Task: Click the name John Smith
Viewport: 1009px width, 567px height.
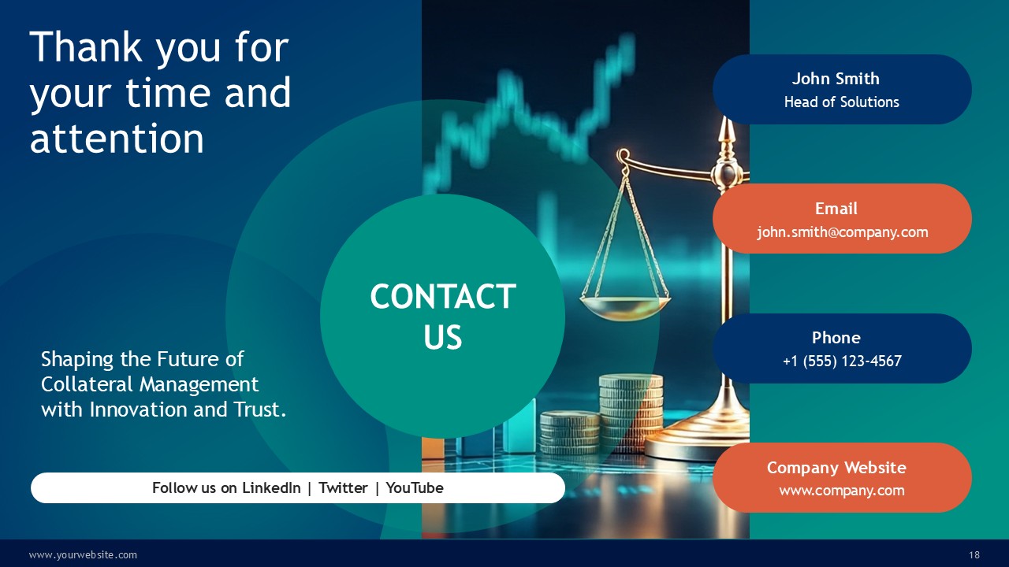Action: click(x=836, y=79)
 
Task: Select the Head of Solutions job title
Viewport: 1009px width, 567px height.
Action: click(x=841, y=102)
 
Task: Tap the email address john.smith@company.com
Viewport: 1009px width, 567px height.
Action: click(x=843, y=232)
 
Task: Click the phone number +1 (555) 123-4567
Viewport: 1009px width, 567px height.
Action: click(x=843, y=361)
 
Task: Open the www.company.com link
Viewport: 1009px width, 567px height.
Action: click(x=842, y=491)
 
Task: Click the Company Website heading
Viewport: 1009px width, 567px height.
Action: click(x=836, y=468)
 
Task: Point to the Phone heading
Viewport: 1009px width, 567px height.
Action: click(x=836, y=338)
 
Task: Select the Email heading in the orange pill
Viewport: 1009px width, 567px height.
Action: click(x=836, y=209)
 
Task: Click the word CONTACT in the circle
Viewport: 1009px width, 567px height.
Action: click(x=443, y=297)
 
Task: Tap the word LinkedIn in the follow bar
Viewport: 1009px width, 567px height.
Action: click(x=271, y=487)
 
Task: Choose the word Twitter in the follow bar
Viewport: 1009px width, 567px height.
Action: click(x=343, y=487)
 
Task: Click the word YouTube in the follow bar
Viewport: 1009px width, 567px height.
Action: click(x=415, y=487)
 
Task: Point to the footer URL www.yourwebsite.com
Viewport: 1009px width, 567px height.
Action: click(x=83, y=555)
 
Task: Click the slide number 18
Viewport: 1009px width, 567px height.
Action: click(x=974, y=555)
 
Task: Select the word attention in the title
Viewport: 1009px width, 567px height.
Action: click(x=117, y=139)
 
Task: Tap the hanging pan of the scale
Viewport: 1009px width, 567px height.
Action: click(x=625, y=307)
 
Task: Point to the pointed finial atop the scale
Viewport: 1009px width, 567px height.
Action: click(x=725, y=131)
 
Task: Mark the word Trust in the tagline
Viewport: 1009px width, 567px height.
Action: click(x=260, y=410)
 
